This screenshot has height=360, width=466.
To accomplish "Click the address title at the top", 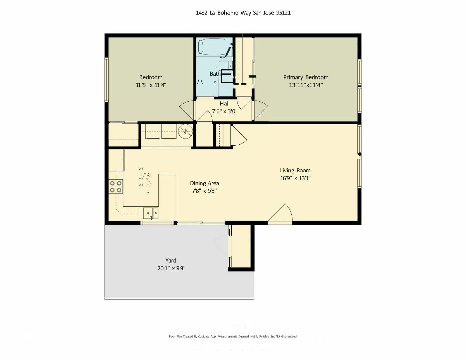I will coord(243,13).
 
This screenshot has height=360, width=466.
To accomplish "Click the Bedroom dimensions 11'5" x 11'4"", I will coord(151,85).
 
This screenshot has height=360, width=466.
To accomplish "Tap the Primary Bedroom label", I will coord(306,77).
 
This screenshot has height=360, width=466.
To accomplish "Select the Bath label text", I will coord(215,74).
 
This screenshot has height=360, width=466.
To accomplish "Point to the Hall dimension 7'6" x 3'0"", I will coord(224,111).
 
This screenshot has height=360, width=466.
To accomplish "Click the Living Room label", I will coord(295,170).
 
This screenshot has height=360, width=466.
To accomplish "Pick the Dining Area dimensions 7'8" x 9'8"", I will coord(204,191).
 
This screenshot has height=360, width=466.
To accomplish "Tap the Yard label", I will coord(171,260).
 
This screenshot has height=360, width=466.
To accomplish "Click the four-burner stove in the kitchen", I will coord(116,187).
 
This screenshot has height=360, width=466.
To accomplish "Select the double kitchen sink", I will coord(151,213).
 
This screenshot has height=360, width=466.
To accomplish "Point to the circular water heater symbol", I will coord(185,132).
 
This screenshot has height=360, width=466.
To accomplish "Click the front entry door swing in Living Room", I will coord(281,213).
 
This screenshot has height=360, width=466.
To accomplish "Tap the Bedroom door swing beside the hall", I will coord(187,110).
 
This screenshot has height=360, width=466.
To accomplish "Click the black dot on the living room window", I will coord(359,154).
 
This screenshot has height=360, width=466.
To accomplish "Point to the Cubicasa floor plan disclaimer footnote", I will coord(233,336).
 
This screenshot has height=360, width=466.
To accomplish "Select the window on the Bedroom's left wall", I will coord(107,79).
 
